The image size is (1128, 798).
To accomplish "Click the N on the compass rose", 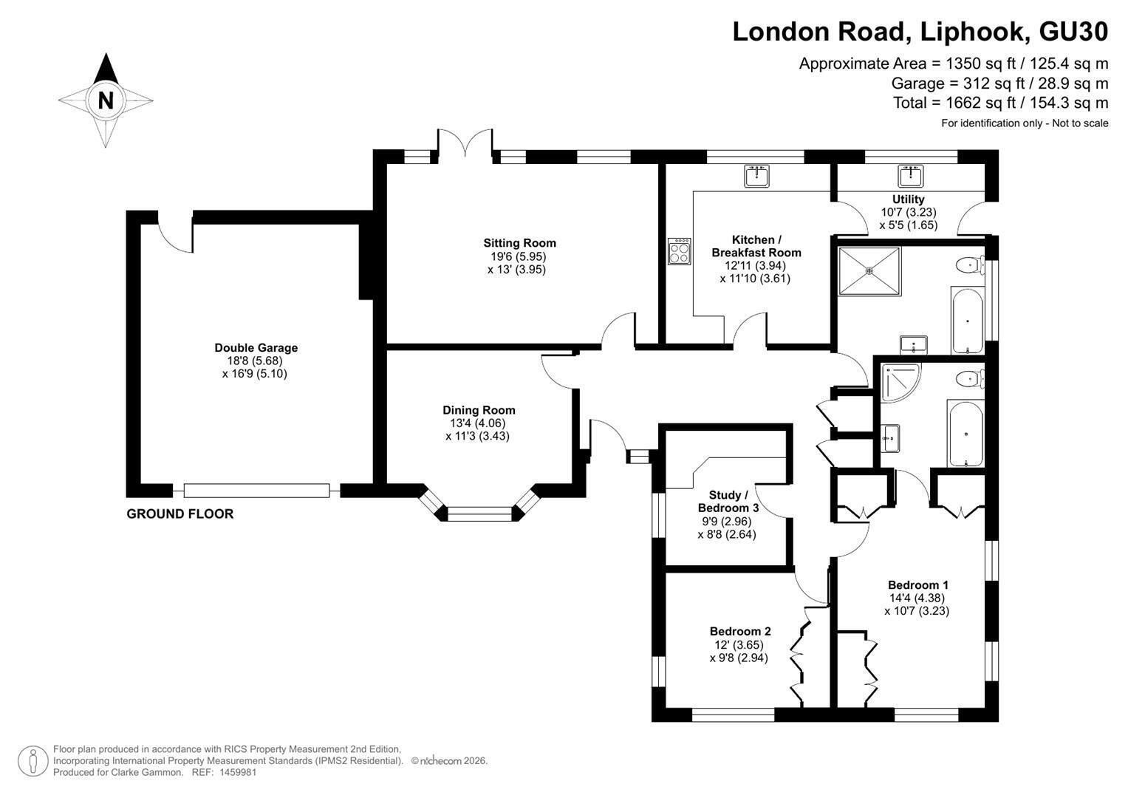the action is coord(106,100).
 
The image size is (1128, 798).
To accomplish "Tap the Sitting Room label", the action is coord(520,243).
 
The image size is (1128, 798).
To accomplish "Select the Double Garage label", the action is coord(256,347).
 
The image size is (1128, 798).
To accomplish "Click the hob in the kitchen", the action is coord(680,251).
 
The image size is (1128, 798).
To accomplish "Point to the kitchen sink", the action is coord(756,176).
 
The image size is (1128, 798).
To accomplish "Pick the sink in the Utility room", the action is coord(911,176).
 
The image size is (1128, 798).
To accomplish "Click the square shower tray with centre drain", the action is coord(869,271).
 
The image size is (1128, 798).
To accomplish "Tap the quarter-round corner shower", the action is coord(900,382).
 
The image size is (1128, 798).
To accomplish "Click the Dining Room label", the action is coord(479,410).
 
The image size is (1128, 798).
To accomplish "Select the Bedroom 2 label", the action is coord(740,631).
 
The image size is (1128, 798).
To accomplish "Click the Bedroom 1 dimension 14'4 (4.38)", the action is coord(917,598).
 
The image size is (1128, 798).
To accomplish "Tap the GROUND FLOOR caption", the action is coord(180,514).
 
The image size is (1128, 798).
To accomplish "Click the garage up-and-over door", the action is coord(257,491).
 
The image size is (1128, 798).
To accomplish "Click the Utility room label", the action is coord(909,199).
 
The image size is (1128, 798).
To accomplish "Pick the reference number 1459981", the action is coord(238,772).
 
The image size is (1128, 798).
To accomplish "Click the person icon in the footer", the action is coord(33,761).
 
